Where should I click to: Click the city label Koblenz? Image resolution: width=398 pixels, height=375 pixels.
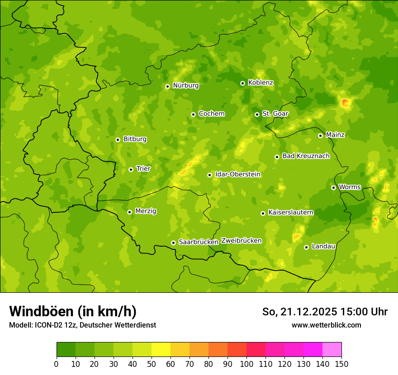[261, 83]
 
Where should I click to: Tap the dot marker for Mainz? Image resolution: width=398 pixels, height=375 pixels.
[320, 136]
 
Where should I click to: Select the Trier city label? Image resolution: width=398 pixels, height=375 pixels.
[143, 169]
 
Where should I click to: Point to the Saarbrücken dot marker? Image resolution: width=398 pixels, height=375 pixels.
[173, 243]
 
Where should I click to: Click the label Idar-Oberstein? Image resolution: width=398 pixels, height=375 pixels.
[238, 174]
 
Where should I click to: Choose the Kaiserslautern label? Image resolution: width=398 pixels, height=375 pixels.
[291, 212]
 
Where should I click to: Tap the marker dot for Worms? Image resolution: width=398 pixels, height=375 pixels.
[333, 187]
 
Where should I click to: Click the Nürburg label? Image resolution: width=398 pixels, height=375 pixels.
[185, 85]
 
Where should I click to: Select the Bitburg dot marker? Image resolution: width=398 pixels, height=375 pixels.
[118, 140]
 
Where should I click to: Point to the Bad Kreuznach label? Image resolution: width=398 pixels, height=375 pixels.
[306, 156]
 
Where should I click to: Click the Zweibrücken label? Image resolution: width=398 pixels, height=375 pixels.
[241, 241]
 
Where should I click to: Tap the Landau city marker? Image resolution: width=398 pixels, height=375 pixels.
[306, 247]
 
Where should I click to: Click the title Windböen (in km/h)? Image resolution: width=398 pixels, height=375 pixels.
[73, 311]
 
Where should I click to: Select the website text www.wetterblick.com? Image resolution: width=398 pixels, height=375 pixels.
[326, 325]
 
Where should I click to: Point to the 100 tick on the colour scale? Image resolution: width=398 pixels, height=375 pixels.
[246, 364]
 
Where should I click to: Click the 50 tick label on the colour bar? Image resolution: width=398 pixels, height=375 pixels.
[152, 364]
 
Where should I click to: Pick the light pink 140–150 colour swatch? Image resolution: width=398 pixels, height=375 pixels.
[332, 350]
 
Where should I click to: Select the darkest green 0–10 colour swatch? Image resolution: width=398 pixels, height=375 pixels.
[66, 350]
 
